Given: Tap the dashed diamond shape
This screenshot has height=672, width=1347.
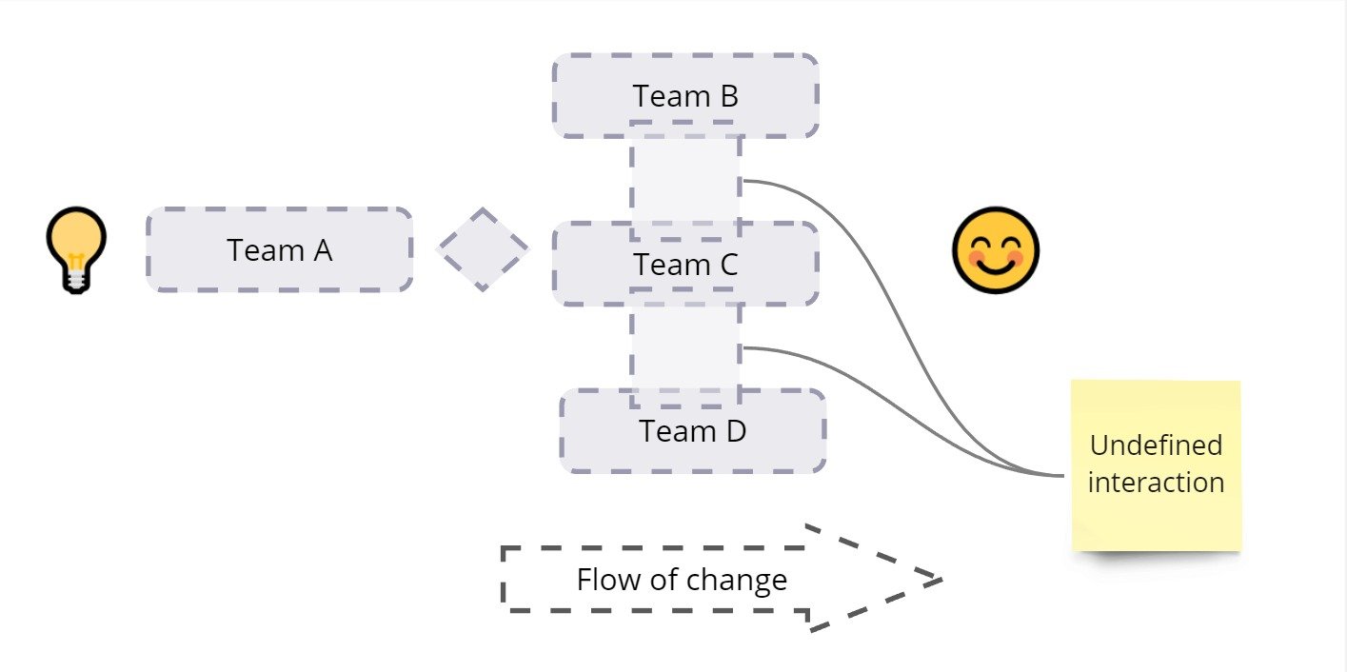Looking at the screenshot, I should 482,249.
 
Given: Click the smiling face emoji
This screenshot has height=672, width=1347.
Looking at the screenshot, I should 995,250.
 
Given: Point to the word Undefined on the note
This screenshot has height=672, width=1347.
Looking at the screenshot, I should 1156,445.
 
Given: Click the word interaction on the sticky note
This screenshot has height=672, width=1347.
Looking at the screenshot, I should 1156,482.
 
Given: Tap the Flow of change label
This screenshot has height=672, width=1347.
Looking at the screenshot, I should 682,580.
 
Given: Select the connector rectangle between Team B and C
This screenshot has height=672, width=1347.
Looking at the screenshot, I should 685,181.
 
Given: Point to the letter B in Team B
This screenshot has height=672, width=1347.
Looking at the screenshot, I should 728,96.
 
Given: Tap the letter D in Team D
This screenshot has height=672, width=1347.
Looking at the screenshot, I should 735,431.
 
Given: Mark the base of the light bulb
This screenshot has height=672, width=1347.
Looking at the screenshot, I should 76,280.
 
